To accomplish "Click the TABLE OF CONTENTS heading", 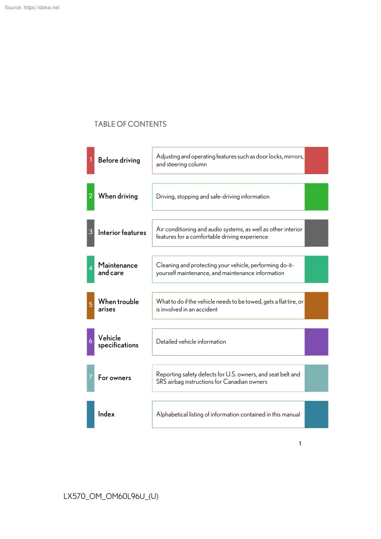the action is tap(130, 124).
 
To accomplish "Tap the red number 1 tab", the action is tap(90, 160).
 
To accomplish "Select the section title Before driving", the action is tap(119, 160).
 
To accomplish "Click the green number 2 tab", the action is tap(90, 197).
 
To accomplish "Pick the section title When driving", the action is tap(118, 196).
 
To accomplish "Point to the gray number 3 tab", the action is tap(90, 233).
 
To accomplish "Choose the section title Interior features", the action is tap(122, 233).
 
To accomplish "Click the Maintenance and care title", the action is tap(117, 269).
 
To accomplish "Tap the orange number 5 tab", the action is tap(90, 305).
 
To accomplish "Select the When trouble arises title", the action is tap(118, 305).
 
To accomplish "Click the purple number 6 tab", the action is tap(90, 342).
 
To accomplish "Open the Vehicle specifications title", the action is tap(118, 342).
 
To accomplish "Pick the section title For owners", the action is tap(115, 378).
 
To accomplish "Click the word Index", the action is tap(106, 414).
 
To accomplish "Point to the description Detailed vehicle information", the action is tap(191, 342).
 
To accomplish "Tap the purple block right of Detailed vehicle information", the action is tap(317, 342).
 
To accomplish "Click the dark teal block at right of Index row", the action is tap(317, 415).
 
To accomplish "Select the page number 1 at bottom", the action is tap(300, 444).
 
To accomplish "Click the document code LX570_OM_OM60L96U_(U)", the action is tap(111, 496).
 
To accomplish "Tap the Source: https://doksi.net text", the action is tap(32, 7).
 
